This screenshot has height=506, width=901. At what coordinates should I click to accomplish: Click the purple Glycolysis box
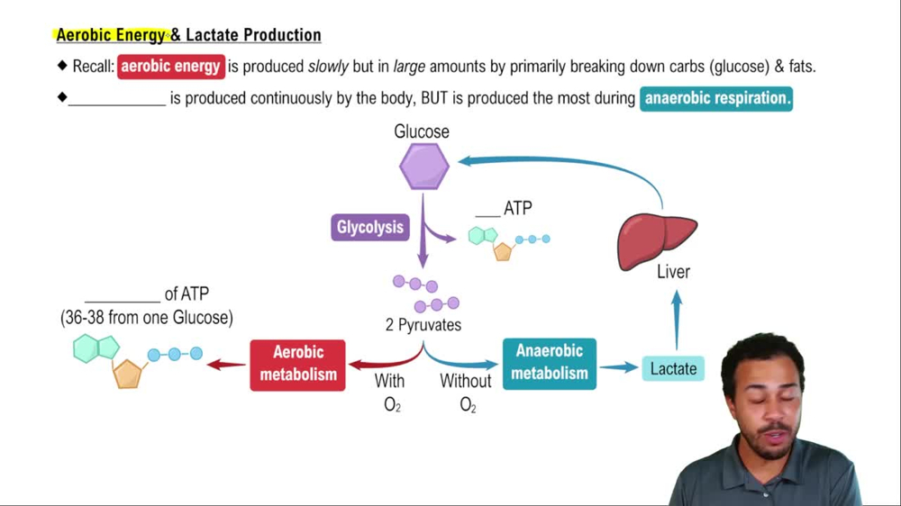point(369,227)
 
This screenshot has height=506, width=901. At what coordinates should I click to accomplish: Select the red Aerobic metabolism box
point(298,364)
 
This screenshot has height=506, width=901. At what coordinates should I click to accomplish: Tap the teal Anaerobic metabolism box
point(549,363)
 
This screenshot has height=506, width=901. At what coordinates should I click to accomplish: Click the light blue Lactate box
point(673,368)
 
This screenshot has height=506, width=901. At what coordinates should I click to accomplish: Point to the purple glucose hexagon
point(424,167)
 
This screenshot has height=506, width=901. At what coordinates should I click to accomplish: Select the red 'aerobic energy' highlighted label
point(171,67)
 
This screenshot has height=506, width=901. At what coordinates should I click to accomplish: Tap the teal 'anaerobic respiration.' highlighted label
point(716,98)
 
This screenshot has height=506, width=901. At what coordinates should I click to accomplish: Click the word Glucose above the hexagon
point(422,131)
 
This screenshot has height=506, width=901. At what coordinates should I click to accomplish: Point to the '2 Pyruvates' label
point(423,325)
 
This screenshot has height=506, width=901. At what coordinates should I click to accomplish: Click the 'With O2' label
point(390,393)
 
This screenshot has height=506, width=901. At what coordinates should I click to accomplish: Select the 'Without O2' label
point(466,393)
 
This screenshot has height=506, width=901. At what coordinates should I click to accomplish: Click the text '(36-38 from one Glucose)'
point(147,318)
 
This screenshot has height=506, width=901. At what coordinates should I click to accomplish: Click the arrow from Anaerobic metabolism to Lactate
point(618,367)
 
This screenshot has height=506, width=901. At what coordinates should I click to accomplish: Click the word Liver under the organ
point(673,272)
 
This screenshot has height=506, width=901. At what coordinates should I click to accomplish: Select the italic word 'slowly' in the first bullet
point(328,67)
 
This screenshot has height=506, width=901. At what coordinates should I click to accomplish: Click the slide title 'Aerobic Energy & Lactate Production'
point(188,35)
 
